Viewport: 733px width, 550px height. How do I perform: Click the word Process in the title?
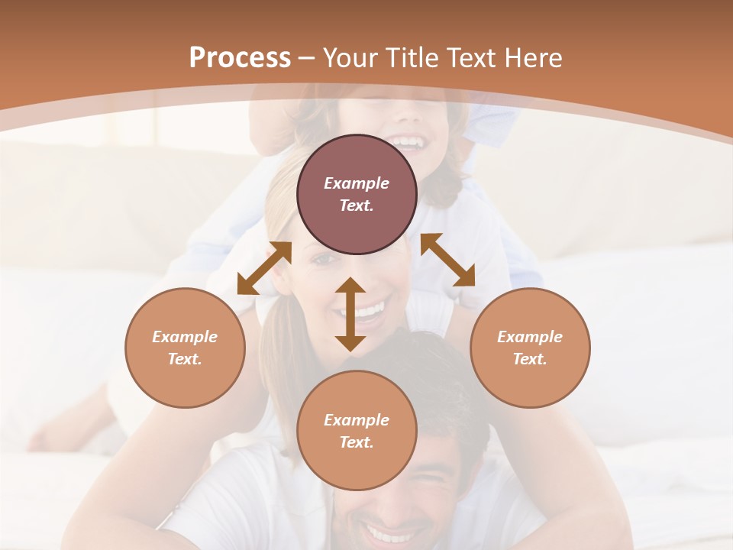(x=240, y=58)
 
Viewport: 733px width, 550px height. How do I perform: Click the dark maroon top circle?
(x=357, y=195)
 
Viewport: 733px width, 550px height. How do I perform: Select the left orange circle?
(x=185, y=348)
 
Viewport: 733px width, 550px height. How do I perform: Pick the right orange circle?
(x=530, y=348)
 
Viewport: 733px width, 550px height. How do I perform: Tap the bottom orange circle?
(x=357, y=430)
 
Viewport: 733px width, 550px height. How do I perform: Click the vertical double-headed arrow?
(x=350, y=314)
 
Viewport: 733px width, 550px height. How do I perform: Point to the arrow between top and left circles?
(x=264, y=268)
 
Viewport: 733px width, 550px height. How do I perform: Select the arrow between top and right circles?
(x=447, y=260)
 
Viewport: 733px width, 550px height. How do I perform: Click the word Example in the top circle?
(x=357, y=183)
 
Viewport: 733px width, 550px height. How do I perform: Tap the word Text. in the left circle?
(x=185, y=359)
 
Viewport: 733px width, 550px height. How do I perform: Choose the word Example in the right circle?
(x=530, y=337)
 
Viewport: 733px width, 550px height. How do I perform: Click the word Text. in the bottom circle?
(x=357, y=442)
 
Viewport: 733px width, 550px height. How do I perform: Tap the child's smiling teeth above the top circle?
(x=410, y=143)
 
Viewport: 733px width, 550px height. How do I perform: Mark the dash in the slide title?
(x=307, y=58)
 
